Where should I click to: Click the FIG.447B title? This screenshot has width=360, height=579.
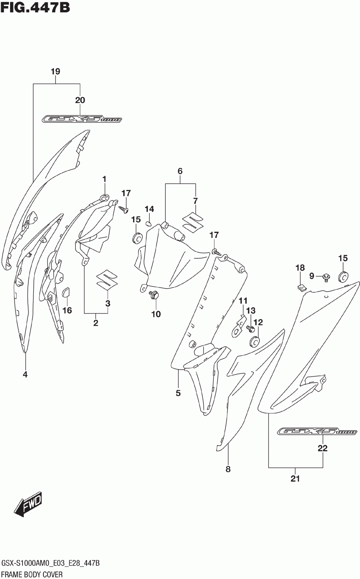[x=35, y=7]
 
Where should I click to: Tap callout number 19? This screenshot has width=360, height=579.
[x=55, y=71]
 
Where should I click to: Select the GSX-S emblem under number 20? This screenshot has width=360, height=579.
[x=82, y=119]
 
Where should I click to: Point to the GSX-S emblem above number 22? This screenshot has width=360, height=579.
[x=317, y=432]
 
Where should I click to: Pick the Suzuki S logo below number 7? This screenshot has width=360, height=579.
[x=194, y=222]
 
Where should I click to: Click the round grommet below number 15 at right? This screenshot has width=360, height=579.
[x=343, y=277]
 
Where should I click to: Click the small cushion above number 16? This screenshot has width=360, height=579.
[x=66, y=292]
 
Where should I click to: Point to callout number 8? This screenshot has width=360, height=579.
[x=228, y=469]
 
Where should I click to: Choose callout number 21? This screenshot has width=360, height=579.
[x=295, y=479]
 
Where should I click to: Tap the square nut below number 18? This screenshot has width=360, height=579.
[x=301, y=287]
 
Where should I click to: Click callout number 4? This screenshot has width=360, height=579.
[x=25, y=374]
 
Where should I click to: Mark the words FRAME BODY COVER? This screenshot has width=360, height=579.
[x=32, y=574]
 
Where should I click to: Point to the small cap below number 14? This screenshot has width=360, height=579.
[x=148, y=224]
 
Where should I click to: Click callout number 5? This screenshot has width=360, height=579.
[x=178, y=393]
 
